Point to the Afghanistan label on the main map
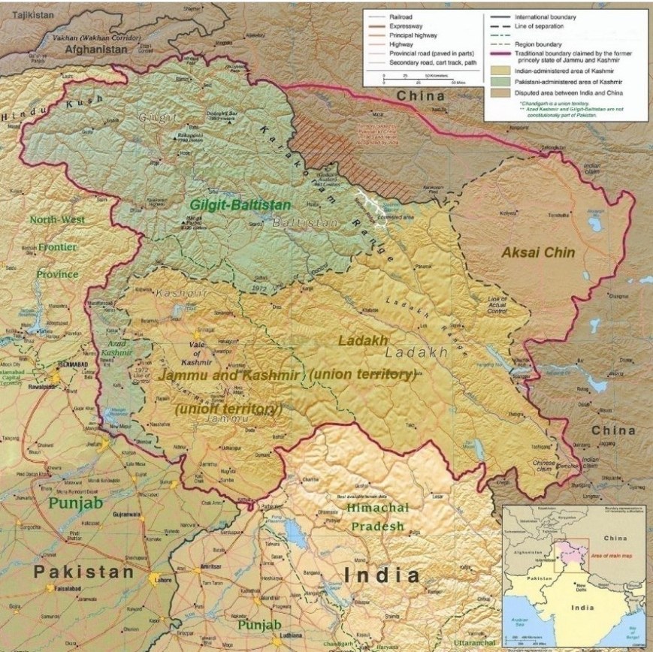coord(98,49)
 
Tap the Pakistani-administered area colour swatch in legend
coord(499,81)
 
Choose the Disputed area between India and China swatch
coord(499,92)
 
